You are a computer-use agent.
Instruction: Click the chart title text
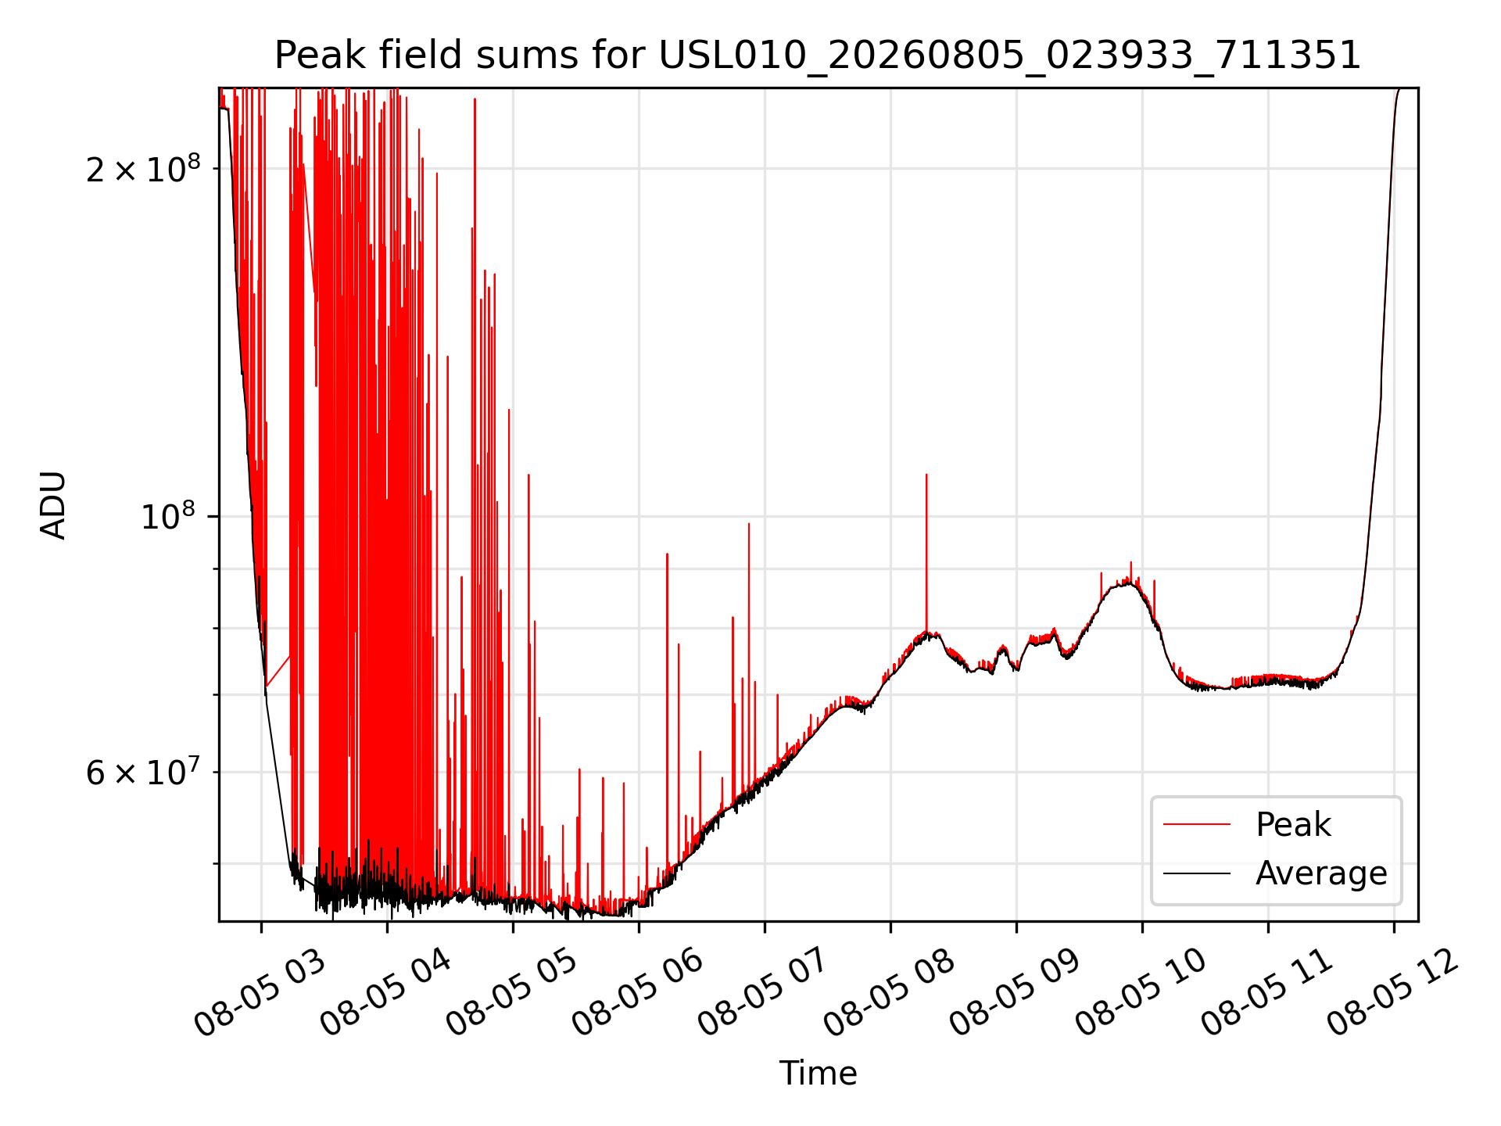[818, 56]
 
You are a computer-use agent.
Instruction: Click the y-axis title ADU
[53, 505]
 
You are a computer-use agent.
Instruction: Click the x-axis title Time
[818, 1074]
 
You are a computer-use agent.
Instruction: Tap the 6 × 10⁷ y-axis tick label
[143, 772]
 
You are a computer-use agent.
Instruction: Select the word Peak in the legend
[1293, 825]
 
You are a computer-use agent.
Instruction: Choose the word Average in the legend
[1321, 873]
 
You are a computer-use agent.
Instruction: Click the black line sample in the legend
[1197, 873]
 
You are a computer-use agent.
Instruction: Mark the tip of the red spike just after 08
[926, 475]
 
